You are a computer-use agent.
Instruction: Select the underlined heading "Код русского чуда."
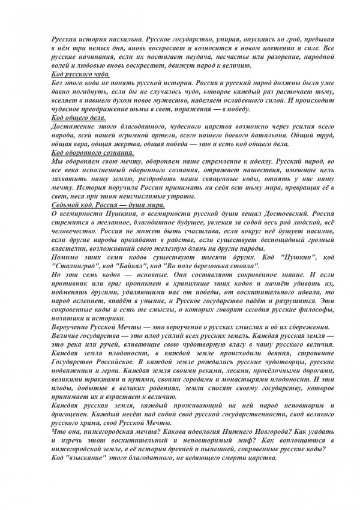82,72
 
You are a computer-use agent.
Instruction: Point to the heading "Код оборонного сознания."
93,153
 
